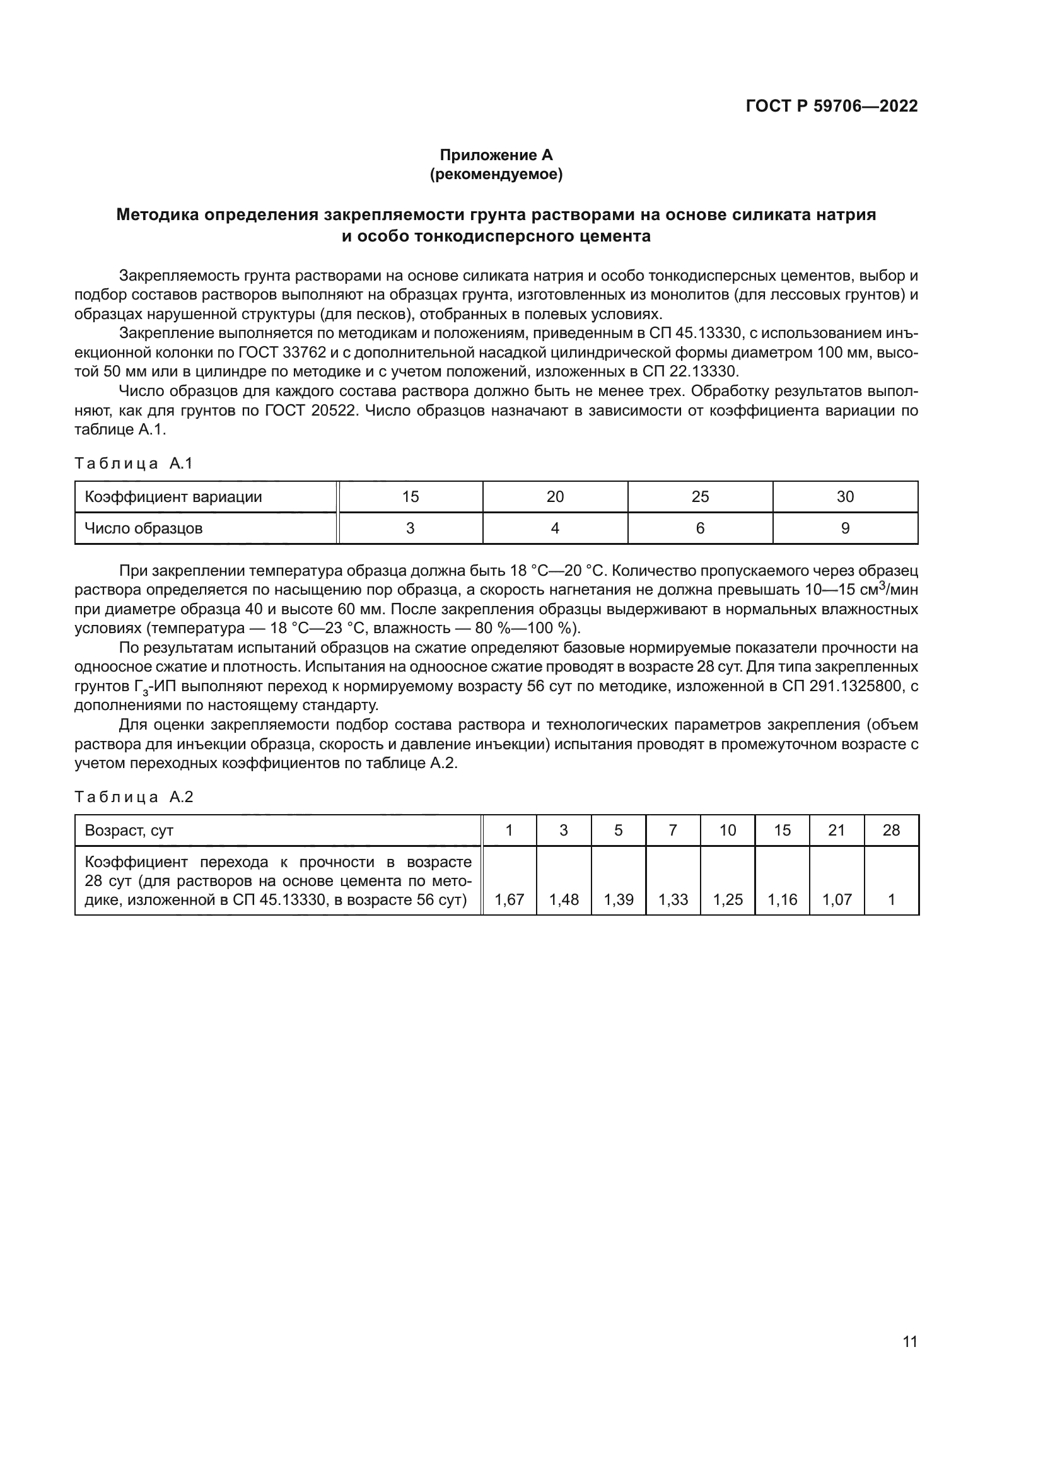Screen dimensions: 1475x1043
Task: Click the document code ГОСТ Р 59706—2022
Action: [x=831, y=106]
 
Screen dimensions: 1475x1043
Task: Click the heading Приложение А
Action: [x=496, y=155]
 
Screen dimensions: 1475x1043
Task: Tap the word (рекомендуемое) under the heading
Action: [x=496, y=174]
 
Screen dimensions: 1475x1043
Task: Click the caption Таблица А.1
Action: [x=134, y=463]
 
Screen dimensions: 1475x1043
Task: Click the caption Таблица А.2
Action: [x=134, y=797]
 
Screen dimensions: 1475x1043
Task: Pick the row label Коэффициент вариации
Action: [x=173, y=496]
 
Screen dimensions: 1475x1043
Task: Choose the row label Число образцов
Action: [x=144, y=528]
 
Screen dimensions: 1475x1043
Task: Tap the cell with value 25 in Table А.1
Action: [x=700, y=496]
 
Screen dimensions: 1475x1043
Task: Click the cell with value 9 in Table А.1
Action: [x=845, y=528]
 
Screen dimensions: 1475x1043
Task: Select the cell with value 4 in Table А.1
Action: [x=555, y=528]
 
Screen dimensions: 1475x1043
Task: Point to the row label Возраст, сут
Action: [x=129, y=830]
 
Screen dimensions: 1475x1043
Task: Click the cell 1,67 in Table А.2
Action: [x=510, y=900]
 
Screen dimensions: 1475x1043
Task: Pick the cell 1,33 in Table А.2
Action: [x=673, y=900]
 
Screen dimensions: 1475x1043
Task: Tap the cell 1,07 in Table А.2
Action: [x=837, y=900]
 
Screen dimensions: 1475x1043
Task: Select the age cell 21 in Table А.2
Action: [x=837, y=830]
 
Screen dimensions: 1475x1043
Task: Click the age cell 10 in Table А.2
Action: [x=728, y=830]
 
